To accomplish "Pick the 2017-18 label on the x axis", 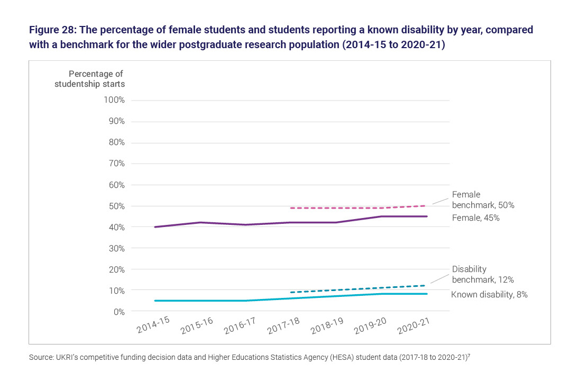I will tap(283, 325).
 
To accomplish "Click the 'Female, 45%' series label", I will tap(475, 217).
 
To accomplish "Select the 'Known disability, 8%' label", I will tap(489, 294).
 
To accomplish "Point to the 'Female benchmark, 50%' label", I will tap(483, 199).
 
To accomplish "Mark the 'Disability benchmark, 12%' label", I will tap(483, 274).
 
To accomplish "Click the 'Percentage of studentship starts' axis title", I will tap(89, 79).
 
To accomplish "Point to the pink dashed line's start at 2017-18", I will tap(291, 208).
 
